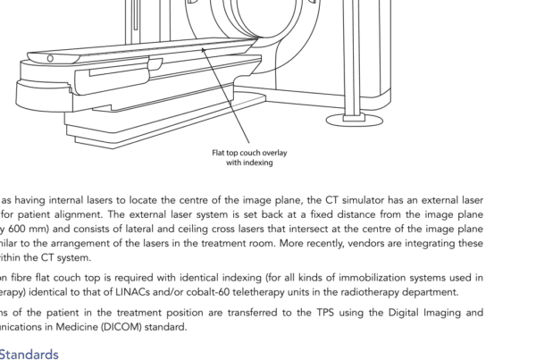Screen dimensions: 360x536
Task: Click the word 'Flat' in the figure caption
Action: pyautogui.click(x=220, y=153)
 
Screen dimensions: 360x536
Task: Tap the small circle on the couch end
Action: pyautogui.click(x=50, y=58)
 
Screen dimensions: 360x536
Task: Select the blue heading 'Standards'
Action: pyautogui.click(x=29, y=353)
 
